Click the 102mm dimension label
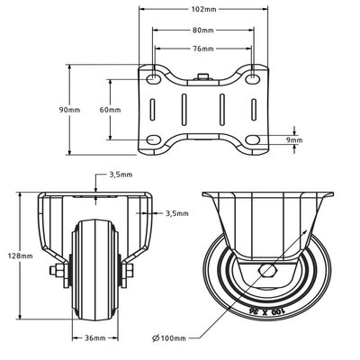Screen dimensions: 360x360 point(203,9)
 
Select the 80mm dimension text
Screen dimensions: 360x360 point(202,30)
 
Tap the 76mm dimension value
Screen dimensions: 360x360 point(202,49)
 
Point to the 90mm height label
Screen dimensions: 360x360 point(69,110)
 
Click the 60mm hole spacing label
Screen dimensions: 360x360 point(110,110)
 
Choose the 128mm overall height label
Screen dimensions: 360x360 point(21,256)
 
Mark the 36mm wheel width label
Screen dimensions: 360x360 point(94,338)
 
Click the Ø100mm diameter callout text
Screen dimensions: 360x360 point(169,338)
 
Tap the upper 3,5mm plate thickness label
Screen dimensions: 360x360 point(121,175)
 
